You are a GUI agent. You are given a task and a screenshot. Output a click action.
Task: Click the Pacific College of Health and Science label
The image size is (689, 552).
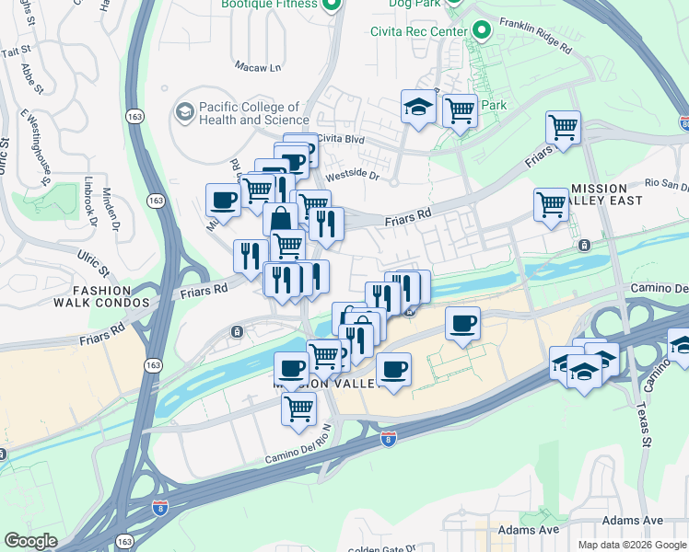[254, 114]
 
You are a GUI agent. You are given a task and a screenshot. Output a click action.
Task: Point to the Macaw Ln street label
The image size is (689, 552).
[259, 67]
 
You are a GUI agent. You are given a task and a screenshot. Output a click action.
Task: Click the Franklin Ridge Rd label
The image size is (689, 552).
[536, 35]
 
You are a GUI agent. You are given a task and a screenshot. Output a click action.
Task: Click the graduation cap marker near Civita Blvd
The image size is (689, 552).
[418, 109]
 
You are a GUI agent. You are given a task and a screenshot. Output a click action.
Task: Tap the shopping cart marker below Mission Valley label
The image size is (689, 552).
[298, 410]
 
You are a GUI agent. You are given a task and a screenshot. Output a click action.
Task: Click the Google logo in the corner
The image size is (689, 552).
[30, 541]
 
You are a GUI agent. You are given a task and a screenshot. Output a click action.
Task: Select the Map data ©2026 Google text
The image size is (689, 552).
[631, 545]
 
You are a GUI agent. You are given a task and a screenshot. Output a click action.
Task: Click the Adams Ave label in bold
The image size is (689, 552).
[529, 531]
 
